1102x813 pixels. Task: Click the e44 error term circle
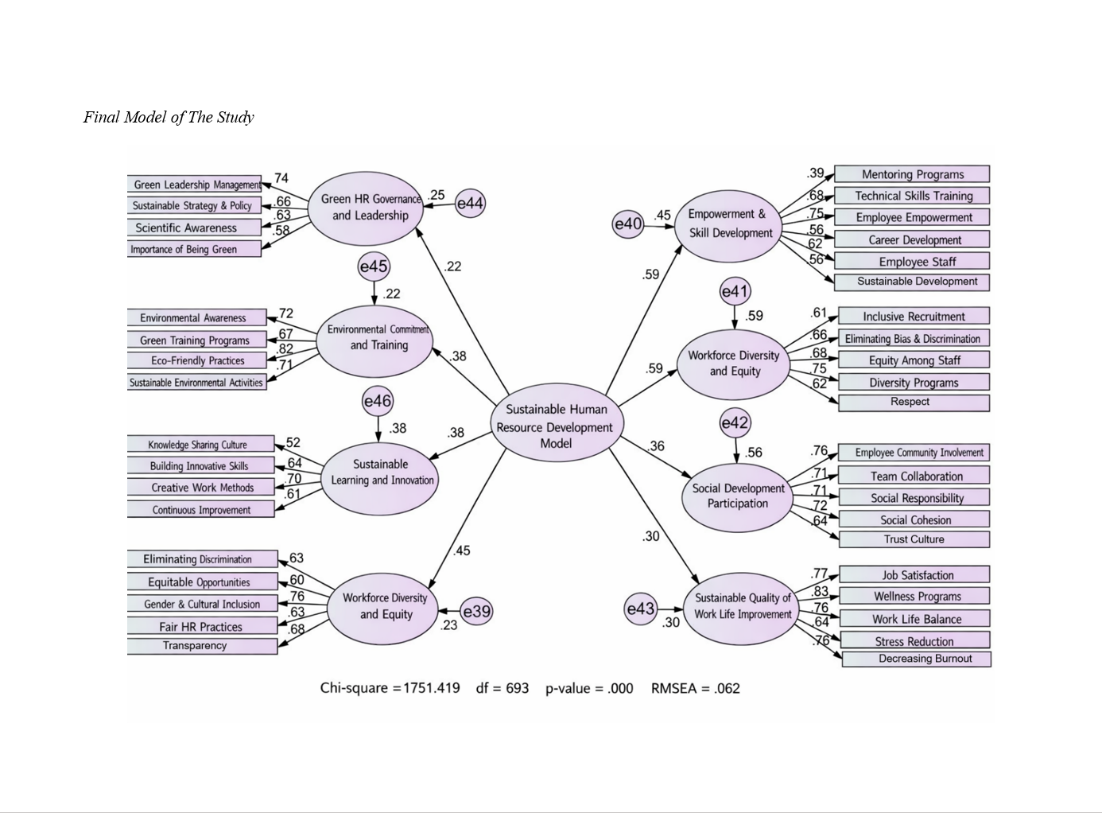pyautogui.click(x=470, y=204)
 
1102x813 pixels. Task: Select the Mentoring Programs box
pyautogui.click(x=912, y=174)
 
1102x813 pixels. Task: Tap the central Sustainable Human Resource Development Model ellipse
pyautogui.click(x=555, y=426)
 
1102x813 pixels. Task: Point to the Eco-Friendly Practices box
pyautogui.click(x=197, y=360)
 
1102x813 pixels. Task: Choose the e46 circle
pyautogui.click(x=378, y=401)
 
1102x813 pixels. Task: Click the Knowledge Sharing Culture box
pyautogui.click(x=200, y=445)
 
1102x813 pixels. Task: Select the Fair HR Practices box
pyautogui.click(x=202, y=626)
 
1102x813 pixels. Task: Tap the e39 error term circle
pyautogui.click(x=476, y=611)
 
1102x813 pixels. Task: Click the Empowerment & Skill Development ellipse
pyautogui.click(x=730, y=224)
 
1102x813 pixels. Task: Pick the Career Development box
pyautogui.click(x=914, y=239)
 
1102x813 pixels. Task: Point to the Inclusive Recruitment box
pyautogui.click(x=914, y=316)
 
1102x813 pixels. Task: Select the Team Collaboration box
pyautogui.click(x=916, y=476)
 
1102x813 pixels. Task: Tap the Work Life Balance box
pyautogui.click(x=916, y=619)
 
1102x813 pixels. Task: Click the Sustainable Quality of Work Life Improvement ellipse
pyautogui.click(x=742, y=606)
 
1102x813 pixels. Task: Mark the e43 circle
pyautogui.click(x=640, y=609)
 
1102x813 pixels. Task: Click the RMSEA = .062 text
pyautogui.click(x=695, y=688)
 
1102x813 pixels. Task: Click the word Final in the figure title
pyautogui.click(x=102, y=118)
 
